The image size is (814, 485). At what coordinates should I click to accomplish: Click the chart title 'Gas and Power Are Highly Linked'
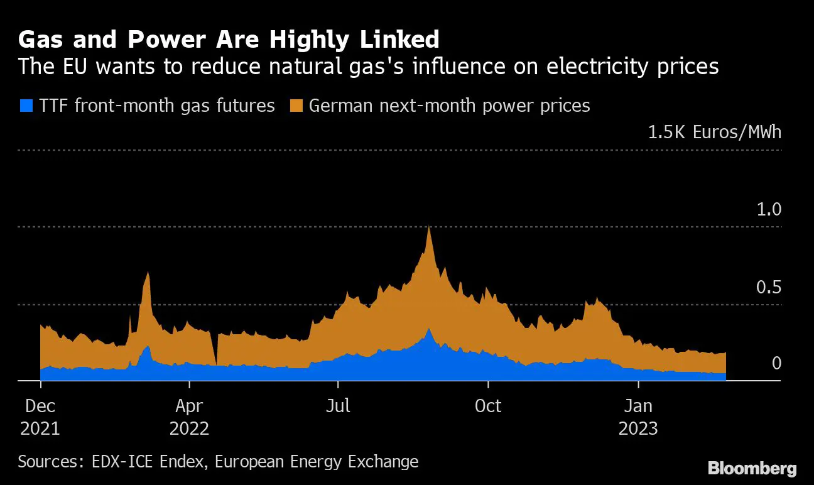pyautogui.click(x=229, y=40)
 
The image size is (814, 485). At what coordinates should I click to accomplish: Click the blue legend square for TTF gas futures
pyautogui.click(x=26, y=105)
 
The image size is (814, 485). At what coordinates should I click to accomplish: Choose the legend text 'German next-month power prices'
pyautogui.click(x=450, y=105)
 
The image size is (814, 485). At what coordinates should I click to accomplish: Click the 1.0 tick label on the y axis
pyautogui.click(x=768, y=209)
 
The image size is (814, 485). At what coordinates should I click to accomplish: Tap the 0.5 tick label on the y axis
pyautogui.click(x=768, y=287)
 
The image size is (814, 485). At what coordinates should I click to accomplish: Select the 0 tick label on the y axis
pyautogui.click(x=776, y=363)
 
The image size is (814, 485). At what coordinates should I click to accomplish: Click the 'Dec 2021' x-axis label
pyautogui.click(x=40, y=417)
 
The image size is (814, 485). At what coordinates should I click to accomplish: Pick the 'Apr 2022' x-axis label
pyautogui.click(x=189, y=417)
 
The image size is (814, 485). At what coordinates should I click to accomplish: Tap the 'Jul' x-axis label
pyautogui.click(x=338, y=406)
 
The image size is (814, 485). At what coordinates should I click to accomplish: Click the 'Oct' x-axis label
pyautogui.click(x=488, y=406)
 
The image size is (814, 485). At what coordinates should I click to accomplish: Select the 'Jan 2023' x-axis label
pyautogui.click(x=638, y=417)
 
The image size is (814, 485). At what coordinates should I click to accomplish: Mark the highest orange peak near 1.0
pyautogui.click(x=429, y=227)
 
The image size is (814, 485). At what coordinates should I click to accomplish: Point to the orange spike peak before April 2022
pyautogui.click(x=148, y=273)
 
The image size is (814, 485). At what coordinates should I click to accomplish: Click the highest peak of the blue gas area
pyautogui.click(x=429, y=329)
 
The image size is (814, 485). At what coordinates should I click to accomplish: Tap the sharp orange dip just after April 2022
pyautogui.click(x=215, y=363)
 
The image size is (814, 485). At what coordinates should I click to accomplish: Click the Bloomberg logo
pyautogui.click(x=752, y=468)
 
